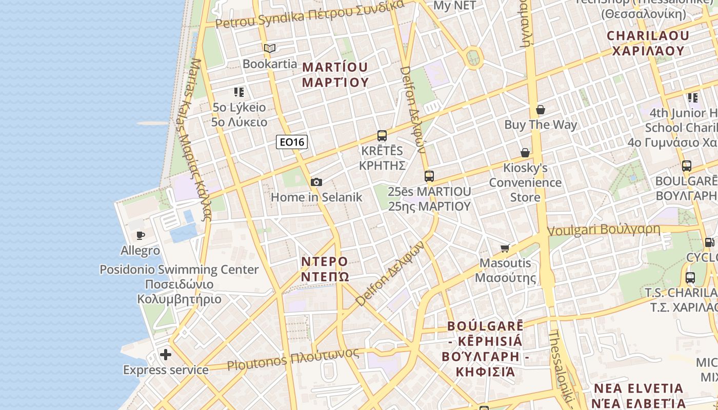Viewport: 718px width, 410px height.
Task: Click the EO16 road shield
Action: click(x=292, y=142)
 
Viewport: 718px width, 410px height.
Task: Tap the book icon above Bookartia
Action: click(x=270, y=49)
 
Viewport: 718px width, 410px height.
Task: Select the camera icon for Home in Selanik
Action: click(x=316, y=182)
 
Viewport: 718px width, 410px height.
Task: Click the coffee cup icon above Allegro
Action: click(x=140, y=236)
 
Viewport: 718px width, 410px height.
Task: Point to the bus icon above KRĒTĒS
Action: click(x=382, y=136)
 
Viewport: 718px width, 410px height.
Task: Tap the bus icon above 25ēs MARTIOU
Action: click(x=429, y=176)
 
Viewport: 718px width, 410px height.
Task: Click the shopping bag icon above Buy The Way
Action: click(x=540, y=110)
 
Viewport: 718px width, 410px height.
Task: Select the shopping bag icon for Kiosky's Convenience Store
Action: click(x=525, y=153)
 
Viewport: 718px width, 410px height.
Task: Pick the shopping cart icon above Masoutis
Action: click(x=505, y=249)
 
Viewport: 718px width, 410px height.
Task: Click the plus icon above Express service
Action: click(x=166, y=355)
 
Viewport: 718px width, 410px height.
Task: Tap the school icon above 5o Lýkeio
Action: click(x=239, y=92)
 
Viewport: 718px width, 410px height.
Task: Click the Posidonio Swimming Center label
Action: click(x=179, y=270)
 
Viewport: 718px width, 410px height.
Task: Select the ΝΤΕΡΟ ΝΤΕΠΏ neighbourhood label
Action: click(x=324, y=269)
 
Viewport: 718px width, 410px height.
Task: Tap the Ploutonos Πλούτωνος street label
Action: click(x=293, y=359)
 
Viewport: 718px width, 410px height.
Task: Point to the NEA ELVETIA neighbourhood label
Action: click(x=639, y=395)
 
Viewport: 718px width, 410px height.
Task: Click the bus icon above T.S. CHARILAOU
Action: click(x=690, y=278)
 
